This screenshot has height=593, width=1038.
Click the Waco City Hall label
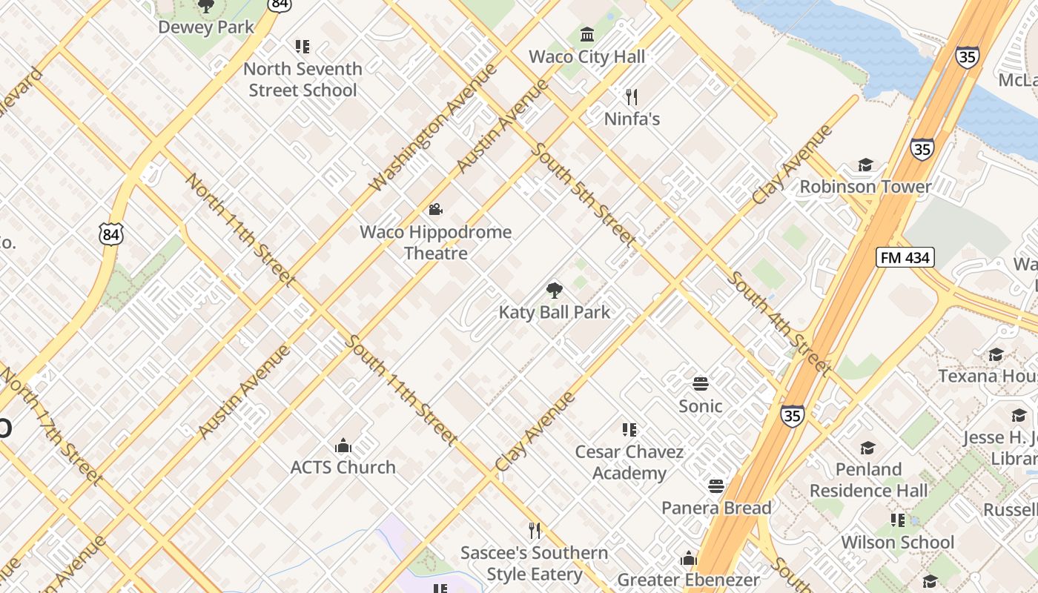pyautogui.click(x=587, y=56)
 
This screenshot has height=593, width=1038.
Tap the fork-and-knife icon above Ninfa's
pyautogui.click(x=632, y=96)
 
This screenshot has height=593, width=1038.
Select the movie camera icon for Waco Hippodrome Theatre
pyautogui.click(x=436, y=210)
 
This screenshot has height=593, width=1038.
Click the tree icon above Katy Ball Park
pyautogui.click(x=554, y=290)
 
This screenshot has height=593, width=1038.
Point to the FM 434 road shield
pyautogui.click(x=905, y=257)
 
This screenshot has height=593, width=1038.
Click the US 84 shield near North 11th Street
pyautogui.click(x=110, y=235)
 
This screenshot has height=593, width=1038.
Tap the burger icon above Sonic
pyautogui.click(x=701, y=384)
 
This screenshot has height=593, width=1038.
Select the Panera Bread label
pyautogui.click(x=716, y=508)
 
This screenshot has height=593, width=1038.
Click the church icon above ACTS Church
pyautogui.click(x=343, y=445)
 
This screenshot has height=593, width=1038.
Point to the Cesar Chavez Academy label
pyautogui.click(x=629, y=462)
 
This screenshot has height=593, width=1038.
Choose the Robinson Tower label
pyautogui.click(x=865, y=186)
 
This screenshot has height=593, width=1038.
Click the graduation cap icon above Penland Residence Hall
pyautogui.click(x=867, y=448)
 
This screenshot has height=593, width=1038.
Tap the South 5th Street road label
pyautogui.click(x=583, y=195)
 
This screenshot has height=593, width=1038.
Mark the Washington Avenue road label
pyautogui.click(x=433, y=127)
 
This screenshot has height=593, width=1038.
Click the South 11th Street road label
pyautogui.click(x=400, y=390)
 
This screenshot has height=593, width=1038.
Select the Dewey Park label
pyautogui.click(x=206, y=27)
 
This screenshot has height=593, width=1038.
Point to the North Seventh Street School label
pyautogui.click(x=303, y=79)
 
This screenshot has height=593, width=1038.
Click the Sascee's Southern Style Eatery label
pyautogui.click(x=534, y=563)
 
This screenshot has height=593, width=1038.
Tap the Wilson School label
pyautogui.click(x=897, y=542)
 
